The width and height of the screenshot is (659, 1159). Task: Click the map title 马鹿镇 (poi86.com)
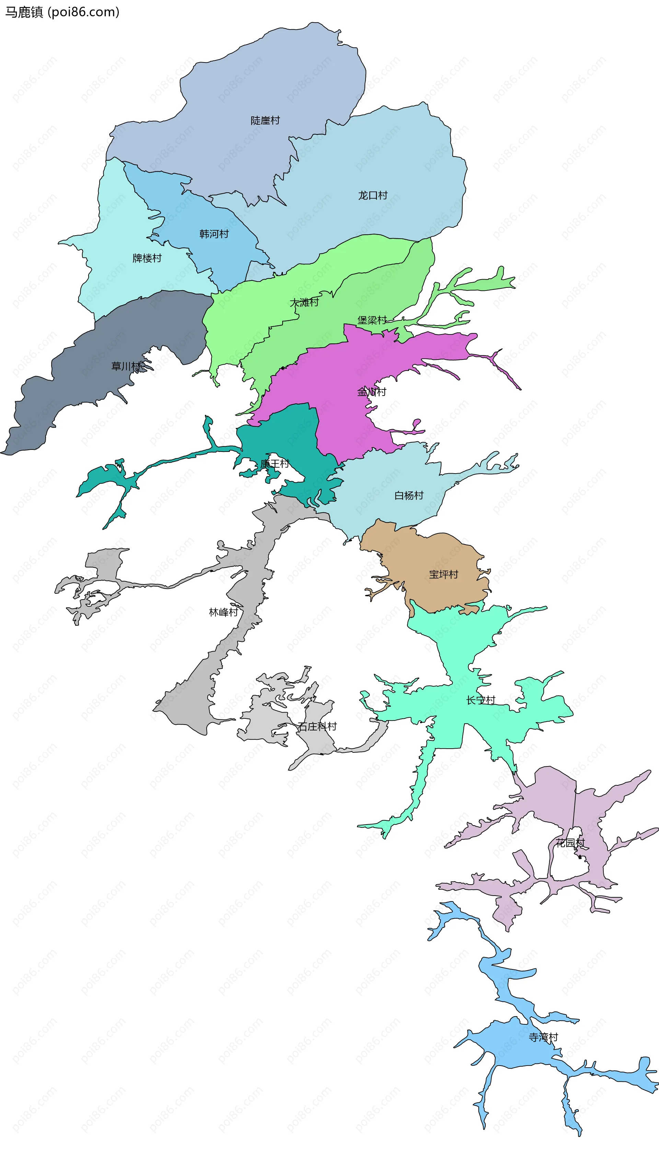(62, 12)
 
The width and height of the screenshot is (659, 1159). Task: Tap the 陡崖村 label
(265, 121)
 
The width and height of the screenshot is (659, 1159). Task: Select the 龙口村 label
(373, 196)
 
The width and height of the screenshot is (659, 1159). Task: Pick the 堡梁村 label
(372, 320)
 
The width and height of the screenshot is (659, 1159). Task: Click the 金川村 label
(372, 392)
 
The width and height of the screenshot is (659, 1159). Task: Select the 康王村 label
(275, 464)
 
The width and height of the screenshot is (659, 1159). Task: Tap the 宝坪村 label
(443, 575)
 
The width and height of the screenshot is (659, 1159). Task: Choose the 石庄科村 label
(317, 727)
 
